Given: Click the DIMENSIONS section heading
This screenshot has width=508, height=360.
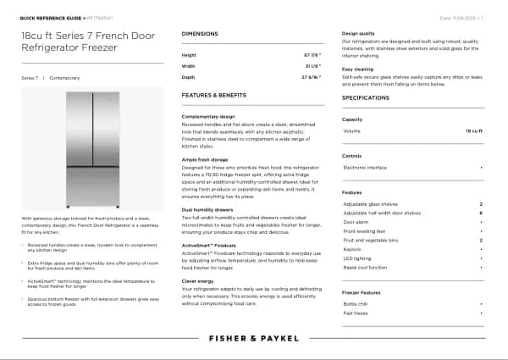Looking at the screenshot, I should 201,33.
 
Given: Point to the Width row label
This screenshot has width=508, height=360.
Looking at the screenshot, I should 188,64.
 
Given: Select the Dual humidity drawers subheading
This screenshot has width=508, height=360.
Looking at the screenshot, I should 207,208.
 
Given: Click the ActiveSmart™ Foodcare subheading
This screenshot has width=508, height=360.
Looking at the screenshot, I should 209,243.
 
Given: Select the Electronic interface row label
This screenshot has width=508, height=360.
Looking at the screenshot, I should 366,168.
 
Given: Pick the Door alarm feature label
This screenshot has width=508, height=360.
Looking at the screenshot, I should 356,222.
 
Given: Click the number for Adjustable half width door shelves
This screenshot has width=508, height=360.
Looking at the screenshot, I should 481,213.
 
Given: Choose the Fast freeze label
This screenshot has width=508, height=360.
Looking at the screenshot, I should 356,313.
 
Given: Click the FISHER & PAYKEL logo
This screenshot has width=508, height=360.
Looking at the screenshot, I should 254,338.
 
